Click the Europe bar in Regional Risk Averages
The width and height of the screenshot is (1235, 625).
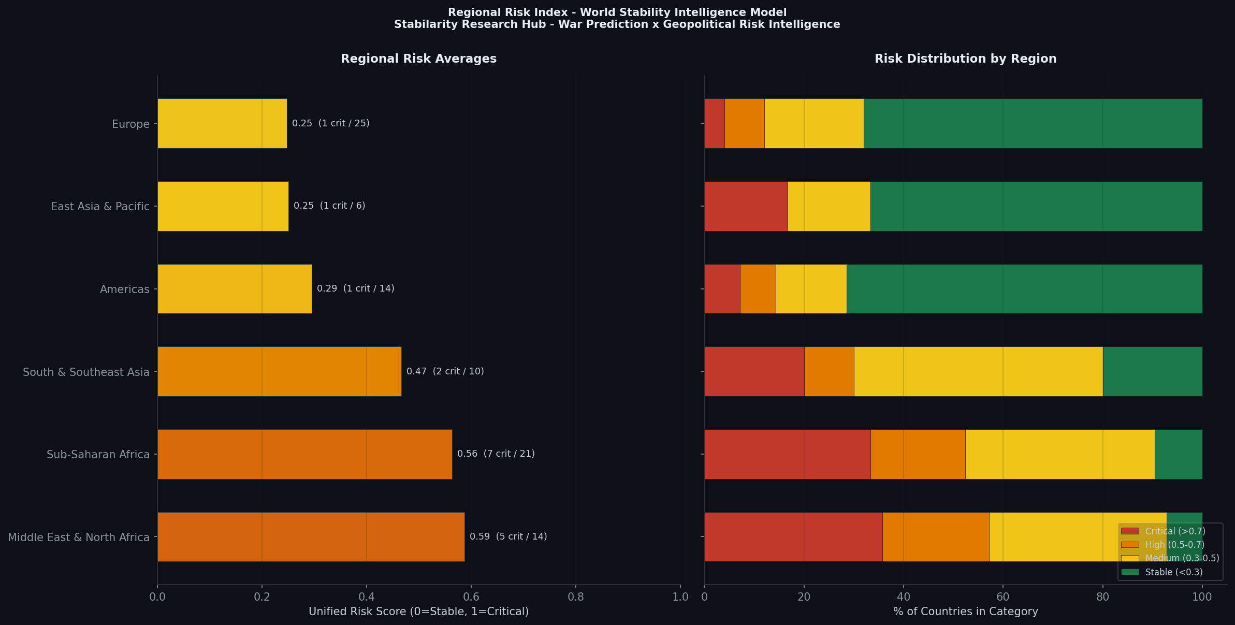[x=222, y=123]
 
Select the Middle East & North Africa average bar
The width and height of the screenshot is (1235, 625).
[x=311, y=537]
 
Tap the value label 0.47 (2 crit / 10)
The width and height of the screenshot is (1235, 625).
[x=445, y=371]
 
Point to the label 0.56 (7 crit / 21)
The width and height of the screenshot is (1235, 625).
[x=496, y=454]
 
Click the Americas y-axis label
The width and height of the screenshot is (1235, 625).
[x=124, y=289]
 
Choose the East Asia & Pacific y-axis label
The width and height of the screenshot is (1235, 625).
[x=100, y=207]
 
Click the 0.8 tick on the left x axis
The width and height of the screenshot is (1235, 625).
[x=575, y=597]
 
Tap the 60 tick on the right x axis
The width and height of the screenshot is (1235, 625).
[x=1002, y=597]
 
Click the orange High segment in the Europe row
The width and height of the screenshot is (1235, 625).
[x=744, y=123]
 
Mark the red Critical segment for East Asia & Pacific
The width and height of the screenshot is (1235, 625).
[x=746, y=206]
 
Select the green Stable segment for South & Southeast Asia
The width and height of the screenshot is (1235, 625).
[x=1152, y=371]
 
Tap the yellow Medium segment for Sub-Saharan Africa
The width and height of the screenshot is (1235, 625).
[x=1059, y=454]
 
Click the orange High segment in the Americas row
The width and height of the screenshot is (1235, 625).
[x=758, y=289]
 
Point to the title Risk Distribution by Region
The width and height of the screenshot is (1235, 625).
[x=965, y=59]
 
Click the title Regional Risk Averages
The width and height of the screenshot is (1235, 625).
[x=418, y=59]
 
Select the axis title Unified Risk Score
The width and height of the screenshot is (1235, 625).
[x=418, y=612]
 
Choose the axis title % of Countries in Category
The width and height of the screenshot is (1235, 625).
[x=965, y=612]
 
